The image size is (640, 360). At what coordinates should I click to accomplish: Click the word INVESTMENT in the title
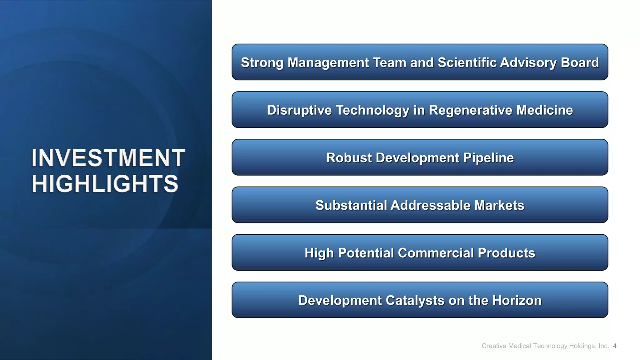click(108, 158)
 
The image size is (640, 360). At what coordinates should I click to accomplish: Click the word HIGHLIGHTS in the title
click(105, 184)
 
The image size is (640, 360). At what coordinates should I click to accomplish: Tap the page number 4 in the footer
click(615, 346)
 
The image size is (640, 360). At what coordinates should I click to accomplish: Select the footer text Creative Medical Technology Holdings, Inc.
click(545, 346)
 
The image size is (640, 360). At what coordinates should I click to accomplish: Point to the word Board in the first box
click(580, 62)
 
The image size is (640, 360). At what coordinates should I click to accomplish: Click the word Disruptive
click(299, 110)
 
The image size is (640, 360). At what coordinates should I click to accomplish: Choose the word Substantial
click(351, 205)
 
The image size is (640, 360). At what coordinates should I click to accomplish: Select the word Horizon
click(517, 300)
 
